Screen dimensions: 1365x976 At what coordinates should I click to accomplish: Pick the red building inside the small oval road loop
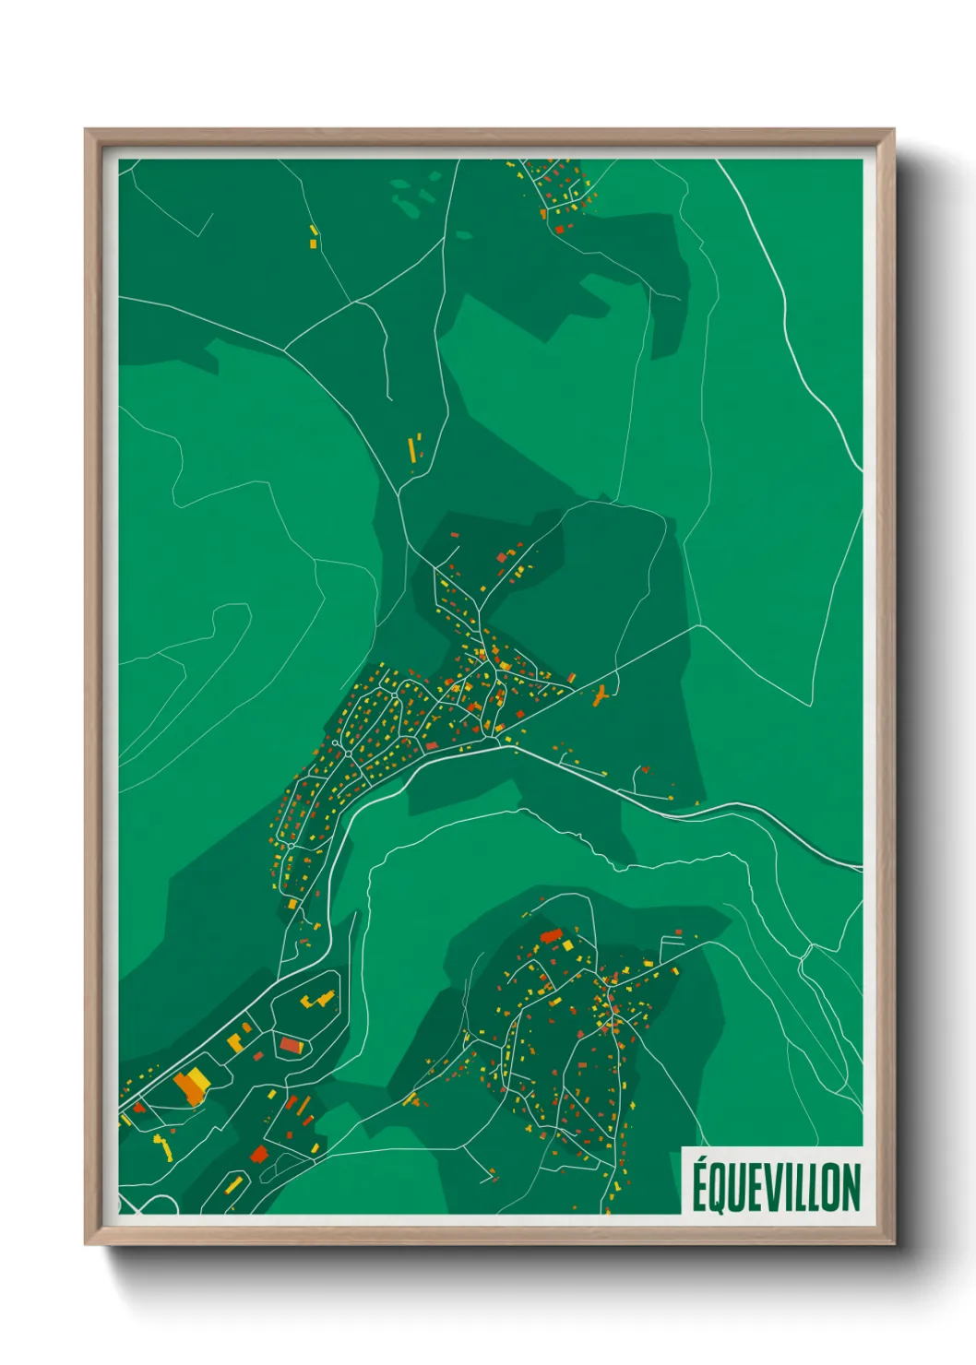[292, 1045]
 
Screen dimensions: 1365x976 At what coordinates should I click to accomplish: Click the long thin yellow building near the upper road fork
[411, 450]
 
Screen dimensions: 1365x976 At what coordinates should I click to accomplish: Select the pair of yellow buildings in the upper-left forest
[314, 236]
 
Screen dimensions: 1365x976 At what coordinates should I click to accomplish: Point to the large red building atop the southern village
[552, 937]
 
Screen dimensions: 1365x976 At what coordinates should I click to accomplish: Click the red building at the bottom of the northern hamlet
[559, 228]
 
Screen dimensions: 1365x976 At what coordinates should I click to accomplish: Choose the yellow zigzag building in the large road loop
[318, 999]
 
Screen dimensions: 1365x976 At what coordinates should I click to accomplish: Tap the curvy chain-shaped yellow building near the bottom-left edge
[163, 1146]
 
